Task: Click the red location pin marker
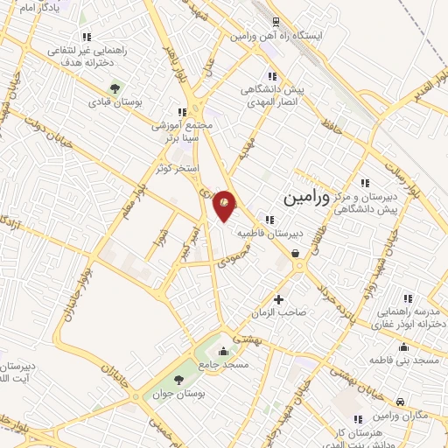(226, 204)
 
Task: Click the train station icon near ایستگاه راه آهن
(276, 23)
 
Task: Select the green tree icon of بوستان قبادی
(113, 88)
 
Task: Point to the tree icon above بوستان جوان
(178, 380)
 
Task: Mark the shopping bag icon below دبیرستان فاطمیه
(296, 254)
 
